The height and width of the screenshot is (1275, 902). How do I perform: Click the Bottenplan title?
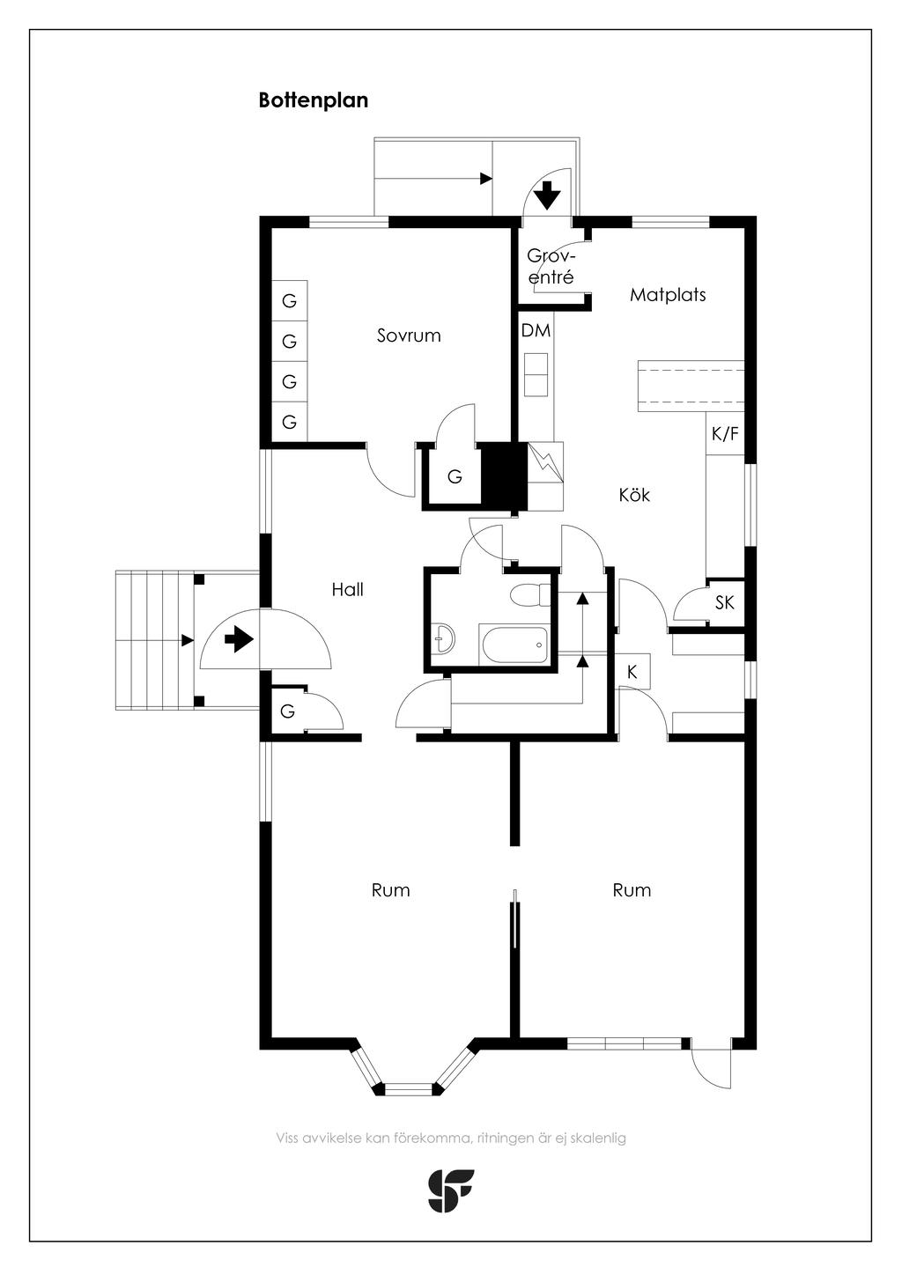[314, 100]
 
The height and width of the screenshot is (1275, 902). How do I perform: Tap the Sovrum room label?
[409, 335]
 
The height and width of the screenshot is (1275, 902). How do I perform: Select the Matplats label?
[668, 294]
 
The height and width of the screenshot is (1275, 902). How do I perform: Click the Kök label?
[634, 494]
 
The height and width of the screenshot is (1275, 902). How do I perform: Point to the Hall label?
[347, 589]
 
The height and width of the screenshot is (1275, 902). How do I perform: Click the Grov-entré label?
[551, 267]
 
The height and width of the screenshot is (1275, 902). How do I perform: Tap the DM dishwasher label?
[536, 330]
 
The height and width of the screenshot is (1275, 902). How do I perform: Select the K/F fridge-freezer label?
[725, 434]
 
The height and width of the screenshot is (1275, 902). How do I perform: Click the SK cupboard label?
[725, 602]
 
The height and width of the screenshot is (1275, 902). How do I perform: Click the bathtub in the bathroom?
[514, 645]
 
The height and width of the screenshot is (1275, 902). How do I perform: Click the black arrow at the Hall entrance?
[239, 639]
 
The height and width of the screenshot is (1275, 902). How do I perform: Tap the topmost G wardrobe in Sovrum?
[289, 300]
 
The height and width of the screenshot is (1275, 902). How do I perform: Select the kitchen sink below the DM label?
[536, 374]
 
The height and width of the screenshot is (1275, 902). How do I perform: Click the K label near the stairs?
[632, 672]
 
